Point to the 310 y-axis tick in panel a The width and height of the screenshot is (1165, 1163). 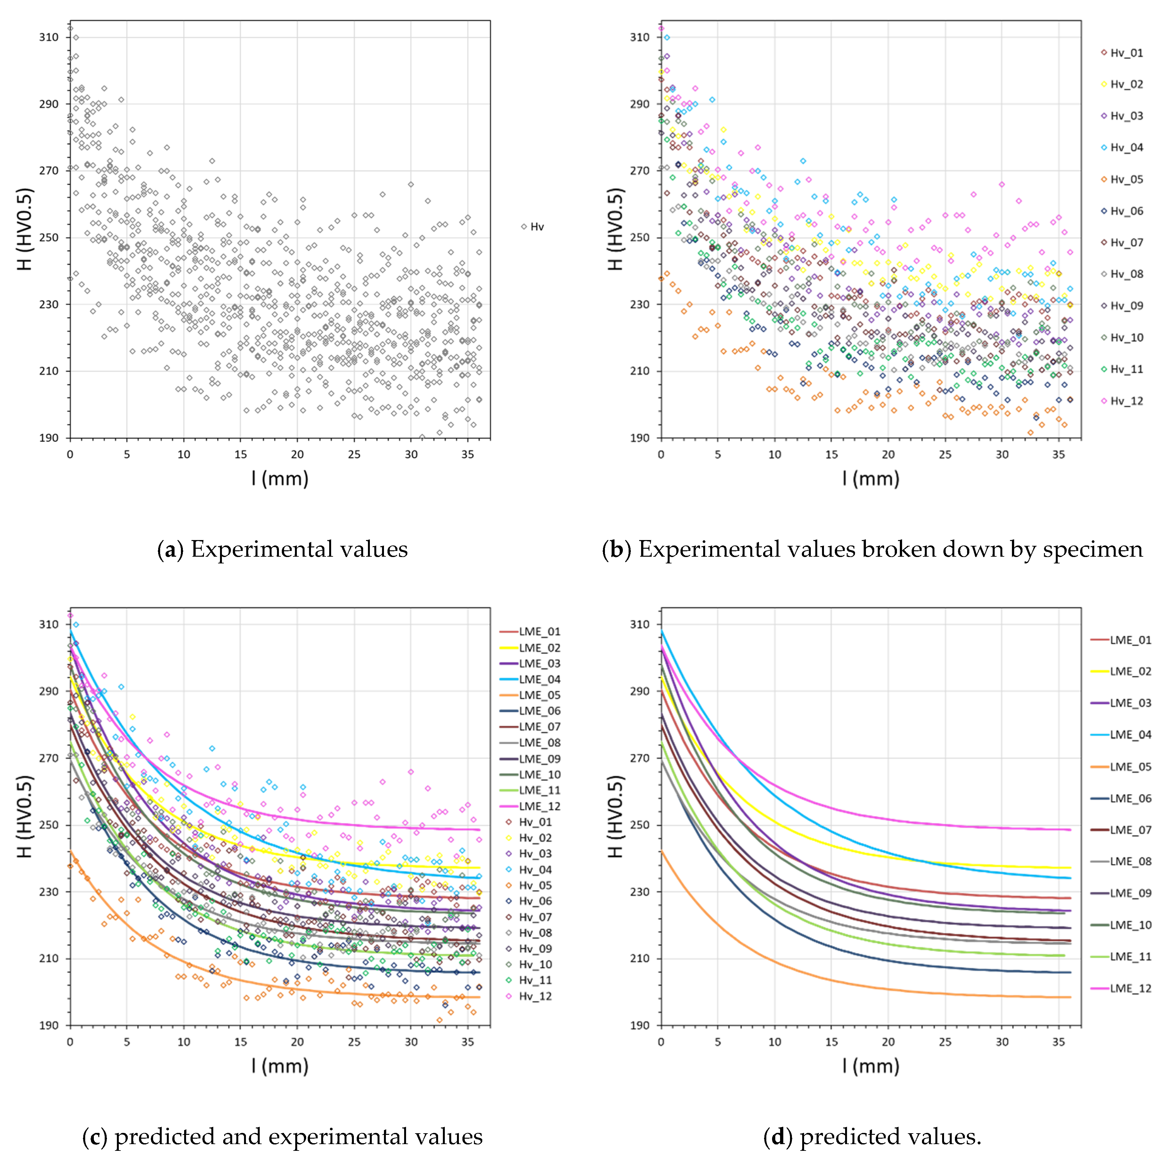click(x=49, y=37)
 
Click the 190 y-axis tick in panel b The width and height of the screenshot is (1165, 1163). click(x=640, y=438)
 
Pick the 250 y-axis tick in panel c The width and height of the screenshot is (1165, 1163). click(x=49, y=825)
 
